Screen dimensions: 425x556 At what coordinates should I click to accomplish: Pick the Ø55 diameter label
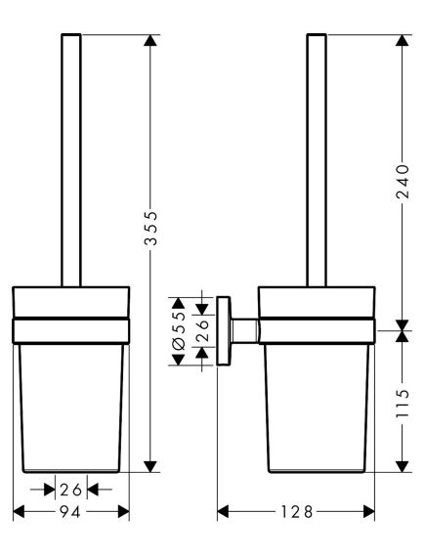179,330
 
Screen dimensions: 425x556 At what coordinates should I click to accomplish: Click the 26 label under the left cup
71,489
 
